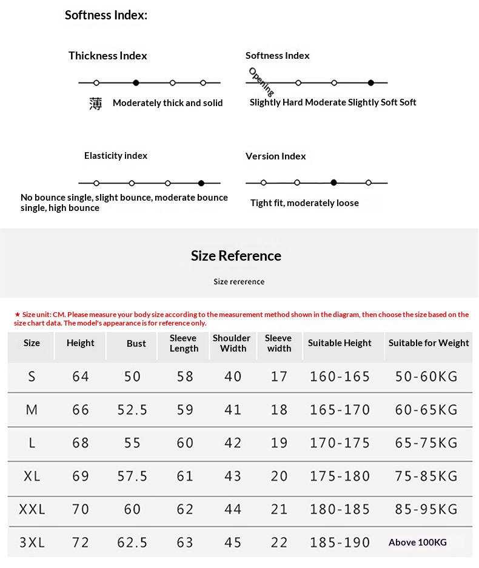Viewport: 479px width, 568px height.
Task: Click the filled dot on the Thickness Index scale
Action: pos(136,82)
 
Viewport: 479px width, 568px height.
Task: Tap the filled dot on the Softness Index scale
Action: pos(370,82)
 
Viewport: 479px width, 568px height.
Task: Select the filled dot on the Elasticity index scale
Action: pos(201,183)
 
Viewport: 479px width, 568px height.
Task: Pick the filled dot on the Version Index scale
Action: pos(333,182)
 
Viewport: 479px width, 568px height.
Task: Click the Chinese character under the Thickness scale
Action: pos(96,104)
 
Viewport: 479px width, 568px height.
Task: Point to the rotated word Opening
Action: pos(261,81)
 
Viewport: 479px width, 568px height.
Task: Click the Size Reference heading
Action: pos(236,256)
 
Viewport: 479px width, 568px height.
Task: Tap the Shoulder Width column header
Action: pos(232,343)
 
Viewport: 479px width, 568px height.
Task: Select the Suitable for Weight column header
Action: pos(429,343)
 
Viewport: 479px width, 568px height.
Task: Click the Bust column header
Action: pos(136,344)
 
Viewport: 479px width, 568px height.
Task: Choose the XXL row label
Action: pos(32,510)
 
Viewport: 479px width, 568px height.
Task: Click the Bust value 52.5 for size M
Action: pos(132,410)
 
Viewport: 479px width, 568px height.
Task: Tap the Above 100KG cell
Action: pos(418,543)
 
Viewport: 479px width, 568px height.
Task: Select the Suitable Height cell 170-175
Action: pos(340,443)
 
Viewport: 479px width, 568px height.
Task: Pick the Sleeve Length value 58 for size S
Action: pos(185,377)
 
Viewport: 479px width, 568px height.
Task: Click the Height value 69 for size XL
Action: pos(81,476)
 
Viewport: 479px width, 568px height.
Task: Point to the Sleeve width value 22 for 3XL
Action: pos(279,543)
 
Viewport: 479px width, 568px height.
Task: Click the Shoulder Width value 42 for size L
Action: pos(233,443)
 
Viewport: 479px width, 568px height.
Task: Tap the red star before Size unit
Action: pos(18,315)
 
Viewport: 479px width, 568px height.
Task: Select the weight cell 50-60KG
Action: pos(426,377)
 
